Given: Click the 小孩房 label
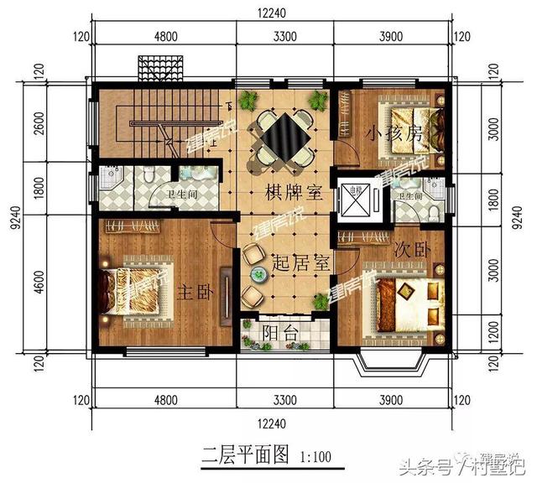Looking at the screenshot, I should pos(393,133).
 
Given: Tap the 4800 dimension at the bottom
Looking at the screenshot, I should pos(164,399).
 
